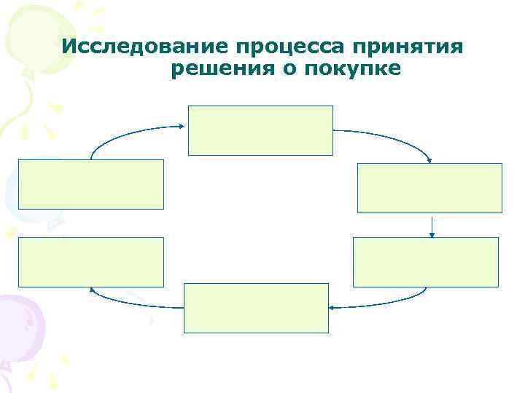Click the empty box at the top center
point(260,130)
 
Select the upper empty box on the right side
point(429,188)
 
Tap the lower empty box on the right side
point(425,262)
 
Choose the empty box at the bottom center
point(256,308)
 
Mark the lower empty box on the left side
point(90,262)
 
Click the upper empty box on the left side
point(91,185)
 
